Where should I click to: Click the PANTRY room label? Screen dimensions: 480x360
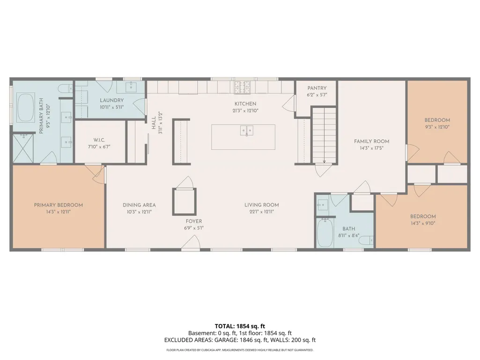[317, 88]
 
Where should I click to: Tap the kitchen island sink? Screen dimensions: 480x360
[246, 131]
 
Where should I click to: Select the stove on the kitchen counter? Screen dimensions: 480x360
[242, 87]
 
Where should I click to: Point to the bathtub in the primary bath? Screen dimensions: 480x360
[26, 108]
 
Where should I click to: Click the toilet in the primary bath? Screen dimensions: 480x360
[65, 89]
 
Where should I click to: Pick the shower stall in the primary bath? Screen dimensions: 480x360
[23, 148]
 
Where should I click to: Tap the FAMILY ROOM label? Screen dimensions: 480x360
[372, 141]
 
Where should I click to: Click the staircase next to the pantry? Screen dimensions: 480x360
[324, 135]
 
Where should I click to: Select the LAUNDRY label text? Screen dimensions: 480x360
[112, 100]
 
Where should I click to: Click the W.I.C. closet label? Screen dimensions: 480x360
[99, 140]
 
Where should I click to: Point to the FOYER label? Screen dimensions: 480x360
[194, 221]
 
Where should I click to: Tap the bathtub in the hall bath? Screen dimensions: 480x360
[325, 233]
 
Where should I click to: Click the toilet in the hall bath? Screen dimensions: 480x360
[366, 241]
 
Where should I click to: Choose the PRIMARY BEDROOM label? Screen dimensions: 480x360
[59, 205]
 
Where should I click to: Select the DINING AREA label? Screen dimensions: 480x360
[139, 205]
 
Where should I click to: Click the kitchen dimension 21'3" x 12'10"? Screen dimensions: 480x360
[245, 110]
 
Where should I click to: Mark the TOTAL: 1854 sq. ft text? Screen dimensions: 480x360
[240, 326]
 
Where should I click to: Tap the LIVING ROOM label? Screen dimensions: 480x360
[262, 205]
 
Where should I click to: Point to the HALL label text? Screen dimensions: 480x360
[154, 123]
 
